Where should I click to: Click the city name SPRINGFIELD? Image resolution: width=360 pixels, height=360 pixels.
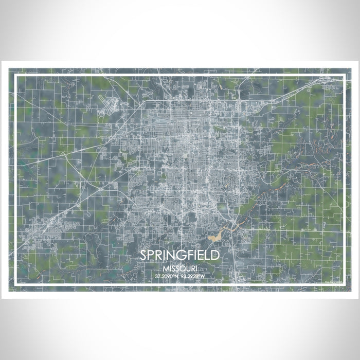180,255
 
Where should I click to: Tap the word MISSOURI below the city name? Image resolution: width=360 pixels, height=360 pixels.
180,268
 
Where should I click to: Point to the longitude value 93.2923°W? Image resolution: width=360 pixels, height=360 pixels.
193,276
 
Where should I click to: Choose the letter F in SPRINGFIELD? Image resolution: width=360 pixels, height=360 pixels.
189,255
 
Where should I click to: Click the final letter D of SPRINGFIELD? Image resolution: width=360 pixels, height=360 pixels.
216,255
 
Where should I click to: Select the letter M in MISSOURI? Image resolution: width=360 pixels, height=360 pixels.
164,268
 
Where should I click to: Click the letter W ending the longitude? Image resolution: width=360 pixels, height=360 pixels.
203,276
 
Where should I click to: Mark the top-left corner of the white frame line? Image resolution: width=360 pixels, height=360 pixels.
15,76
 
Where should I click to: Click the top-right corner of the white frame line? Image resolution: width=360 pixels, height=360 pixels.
344,76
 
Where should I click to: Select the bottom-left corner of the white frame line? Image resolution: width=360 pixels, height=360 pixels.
15,284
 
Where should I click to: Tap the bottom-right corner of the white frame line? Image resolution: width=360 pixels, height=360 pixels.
344,284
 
